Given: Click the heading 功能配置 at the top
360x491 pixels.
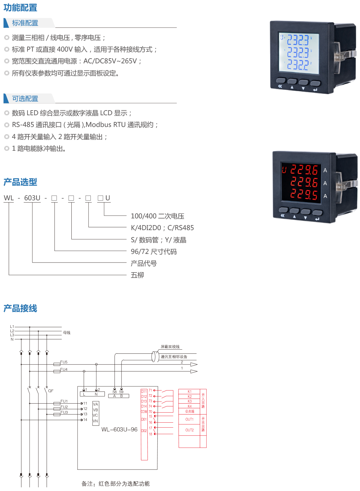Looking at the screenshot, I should point(20,7).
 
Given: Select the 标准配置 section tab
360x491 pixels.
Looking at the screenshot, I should point(25,23).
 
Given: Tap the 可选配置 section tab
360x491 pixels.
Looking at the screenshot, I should point(25,98).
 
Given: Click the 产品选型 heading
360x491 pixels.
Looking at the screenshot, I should point(20,182).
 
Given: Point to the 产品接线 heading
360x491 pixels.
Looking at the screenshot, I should point(20,308).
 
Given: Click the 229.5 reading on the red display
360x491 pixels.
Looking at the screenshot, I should point(304,195).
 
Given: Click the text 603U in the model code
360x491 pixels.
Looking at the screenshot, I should point(32,198).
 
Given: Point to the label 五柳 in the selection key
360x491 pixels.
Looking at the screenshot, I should point(137,275).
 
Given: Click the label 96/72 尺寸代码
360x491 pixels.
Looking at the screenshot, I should point(153,252).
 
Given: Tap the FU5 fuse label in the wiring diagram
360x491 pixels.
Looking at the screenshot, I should point(64,362).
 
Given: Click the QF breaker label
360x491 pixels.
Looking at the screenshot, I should point(51,391).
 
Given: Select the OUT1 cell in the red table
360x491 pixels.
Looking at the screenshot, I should point(189,419).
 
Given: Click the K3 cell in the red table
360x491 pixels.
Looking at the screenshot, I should point(190,401).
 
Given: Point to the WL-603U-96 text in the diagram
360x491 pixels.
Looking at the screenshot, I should point(119,429).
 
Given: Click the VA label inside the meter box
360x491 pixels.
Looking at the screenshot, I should point(95,404).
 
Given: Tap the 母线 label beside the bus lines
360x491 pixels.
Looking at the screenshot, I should point(67,333).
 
